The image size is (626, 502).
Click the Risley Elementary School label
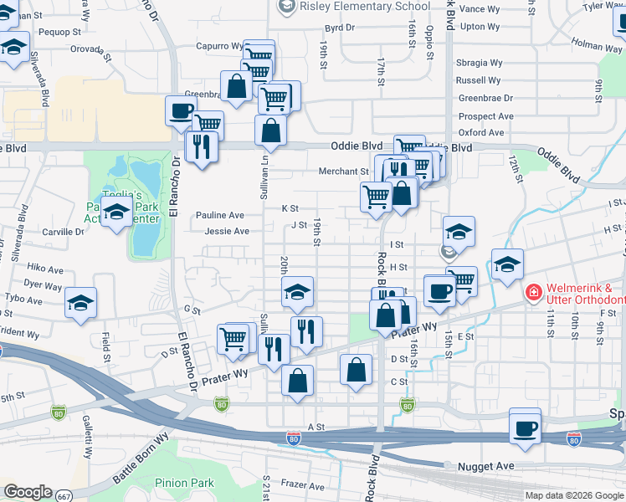pyautogui.click(x=364, y=7)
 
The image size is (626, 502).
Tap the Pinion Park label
pyautogui.click(x=184, y=483)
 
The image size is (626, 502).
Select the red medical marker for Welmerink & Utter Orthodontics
pyautogui.click(x=531, y=293)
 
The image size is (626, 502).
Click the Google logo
pyautogui.click(x=28, y=492)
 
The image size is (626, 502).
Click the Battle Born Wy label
pyautogui.click(x=140, y=458)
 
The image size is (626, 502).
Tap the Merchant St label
pyautogui.click(x=343, y=172)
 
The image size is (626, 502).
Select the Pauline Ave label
pyautogui.click(x=220, y=215)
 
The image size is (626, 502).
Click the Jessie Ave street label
pyautogui.click(x=227, y=231)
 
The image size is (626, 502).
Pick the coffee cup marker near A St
pyautogui.click(x=525, y=428)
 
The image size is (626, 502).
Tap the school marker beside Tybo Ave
pyautogui.click(x=80, y=303)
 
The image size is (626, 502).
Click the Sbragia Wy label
pyautogui.click(x=480, y=63)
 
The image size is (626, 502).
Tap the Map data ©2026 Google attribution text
pyautogui.click(x=573, y=495)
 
